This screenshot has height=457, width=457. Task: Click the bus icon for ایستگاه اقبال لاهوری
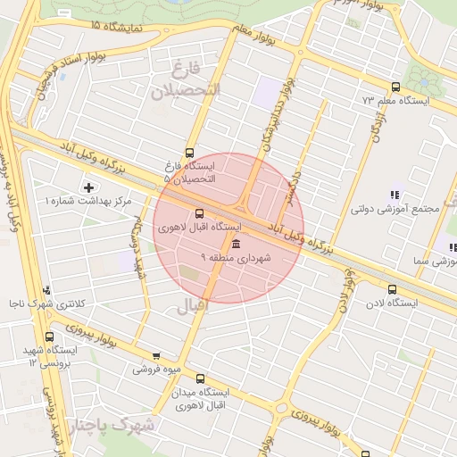(x=198, y=213)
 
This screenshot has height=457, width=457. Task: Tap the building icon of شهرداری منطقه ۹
(x=236, y=244)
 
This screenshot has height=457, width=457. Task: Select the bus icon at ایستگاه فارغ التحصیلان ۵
(x=189, y=153)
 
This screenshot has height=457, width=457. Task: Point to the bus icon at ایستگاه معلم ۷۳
(x=395, y=87)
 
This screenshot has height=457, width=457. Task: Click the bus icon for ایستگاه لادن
(x=392, y=289)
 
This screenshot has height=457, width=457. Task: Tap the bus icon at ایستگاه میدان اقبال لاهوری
(x=200, y=378)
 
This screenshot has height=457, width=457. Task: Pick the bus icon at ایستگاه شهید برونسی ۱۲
(x=48, y=337)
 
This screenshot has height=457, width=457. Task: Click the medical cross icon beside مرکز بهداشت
(x=87, y=187)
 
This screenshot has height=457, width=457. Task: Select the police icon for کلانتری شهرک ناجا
(x=46, y=289)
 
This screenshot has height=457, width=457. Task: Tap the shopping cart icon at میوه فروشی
(x=157, y=355)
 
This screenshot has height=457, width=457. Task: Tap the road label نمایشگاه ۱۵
(x=117, y=28)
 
